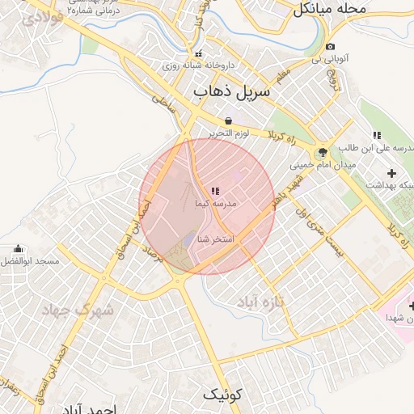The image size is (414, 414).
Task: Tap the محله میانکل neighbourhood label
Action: pyautogui.click(x=329, y=9)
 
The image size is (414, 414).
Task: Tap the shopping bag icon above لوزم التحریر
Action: pyautogui.click(x=229, y=120)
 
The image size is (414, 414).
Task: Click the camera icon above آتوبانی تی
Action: pyautogui.click(x=330, y=47)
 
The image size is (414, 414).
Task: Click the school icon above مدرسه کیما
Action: pyautogui.click(x=214, y=192)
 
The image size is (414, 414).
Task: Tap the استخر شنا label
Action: pyautogui.click(x=215, y=239)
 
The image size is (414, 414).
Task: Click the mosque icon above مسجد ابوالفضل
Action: pyautogui.click(x=18, y=249)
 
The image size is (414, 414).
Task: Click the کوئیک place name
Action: pyautogui.click(x=222, y=395)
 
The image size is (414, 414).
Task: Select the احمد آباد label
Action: pyautogui.click(x=116, y=409)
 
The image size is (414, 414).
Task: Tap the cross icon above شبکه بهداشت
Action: pyautogui.click(x=392, y=173)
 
